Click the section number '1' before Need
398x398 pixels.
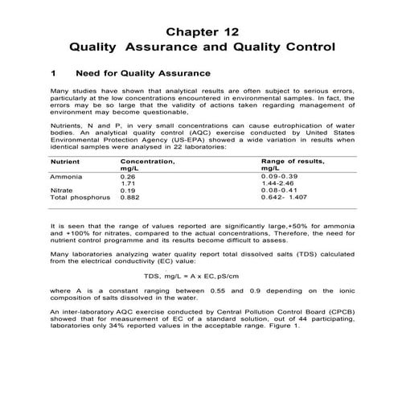click(x=53, y=72)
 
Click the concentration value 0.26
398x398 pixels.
click(x=128, y=175)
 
